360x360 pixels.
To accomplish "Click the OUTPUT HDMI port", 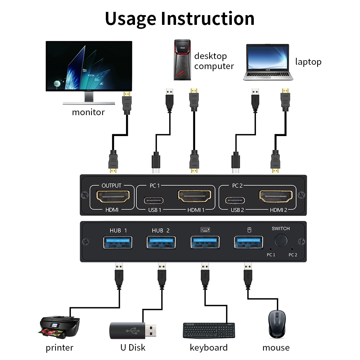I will coord(113,197).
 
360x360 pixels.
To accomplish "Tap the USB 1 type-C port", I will coord(154,200).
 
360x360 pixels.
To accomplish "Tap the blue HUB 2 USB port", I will coord(161,242).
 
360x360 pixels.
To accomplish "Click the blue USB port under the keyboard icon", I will coord(204,242).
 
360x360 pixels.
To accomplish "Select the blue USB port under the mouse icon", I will coord(248,242).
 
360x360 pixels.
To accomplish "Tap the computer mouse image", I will coord(276,324).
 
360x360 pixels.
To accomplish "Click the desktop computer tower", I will coord(182,60).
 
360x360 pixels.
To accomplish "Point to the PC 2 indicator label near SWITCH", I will coord(293,255).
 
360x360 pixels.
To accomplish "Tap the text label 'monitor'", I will coord(88,112).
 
